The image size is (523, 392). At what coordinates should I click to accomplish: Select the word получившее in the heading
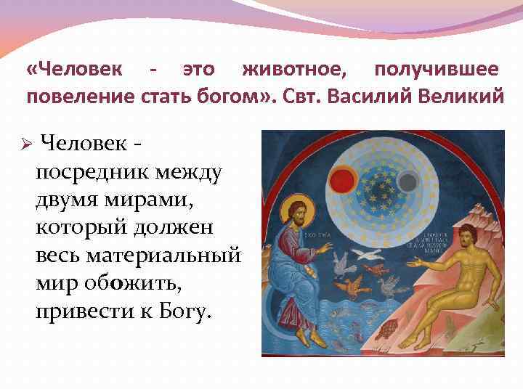click(436, 70)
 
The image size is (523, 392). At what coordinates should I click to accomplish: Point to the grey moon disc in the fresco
click(409, 179)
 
